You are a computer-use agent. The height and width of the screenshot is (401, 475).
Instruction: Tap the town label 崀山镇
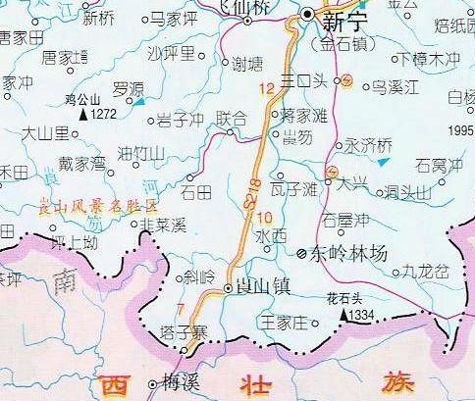tap(258, 286)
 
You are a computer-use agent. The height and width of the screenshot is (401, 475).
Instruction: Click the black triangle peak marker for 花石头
tap(344, 316)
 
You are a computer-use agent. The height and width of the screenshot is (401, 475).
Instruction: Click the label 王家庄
tap(284, 321)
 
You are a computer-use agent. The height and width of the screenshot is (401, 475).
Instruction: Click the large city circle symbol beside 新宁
tap(310, 14)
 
